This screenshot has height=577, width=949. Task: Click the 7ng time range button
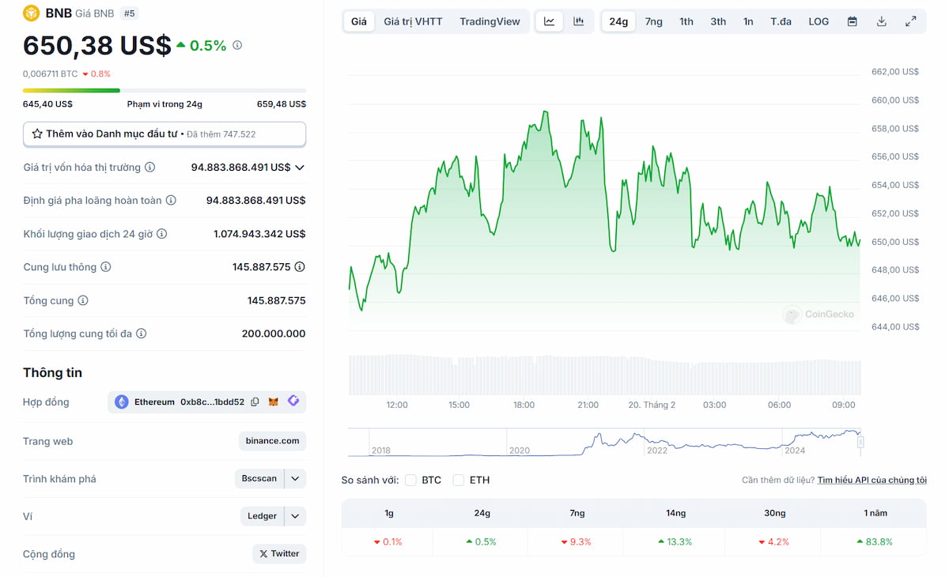click(653, 21)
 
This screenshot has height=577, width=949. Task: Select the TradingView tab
click(490, 21)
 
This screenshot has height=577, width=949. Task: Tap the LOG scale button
click(819, 21)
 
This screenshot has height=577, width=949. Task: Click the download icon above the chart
click(881, 21)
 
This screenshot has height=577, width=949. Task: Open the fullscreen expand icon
click(910, 21)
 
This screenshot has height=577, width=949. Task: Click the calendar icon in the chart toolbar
click(852, 21)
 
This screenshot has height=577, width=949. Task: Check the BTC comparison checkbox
click(410, 480)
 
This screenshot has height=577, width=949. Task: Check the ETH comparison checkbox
click(458, 480)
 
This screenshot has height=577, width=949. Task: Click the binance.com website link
click(272, 441)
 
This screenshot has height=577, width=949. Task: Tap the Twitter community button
click(279, 554)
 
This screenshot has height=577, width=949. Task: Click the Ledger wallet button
click(262, 516)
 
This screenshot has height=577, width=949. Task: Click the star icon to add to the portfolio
click(37, 134)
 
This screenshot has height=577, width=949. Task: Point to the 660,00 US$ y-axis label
click(894, 100)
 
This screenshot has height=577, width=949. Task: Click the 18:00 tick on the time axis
click(524, 405)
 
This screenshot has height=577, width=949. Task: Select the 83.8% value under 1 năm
click(874, 542)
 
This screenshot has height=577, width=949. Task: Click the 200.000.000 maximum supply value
click(274, 334)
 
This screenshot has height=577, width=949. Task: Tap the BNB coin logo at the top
click(31, 13)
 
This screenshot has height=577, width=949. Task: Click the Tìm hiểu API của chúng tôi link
click(871, 480)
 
